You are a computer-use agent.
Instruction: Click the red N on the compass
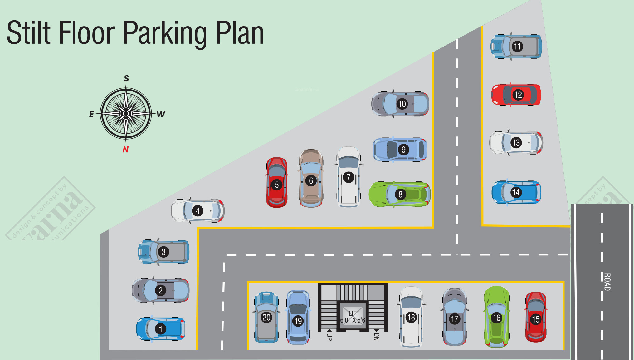point(126,149)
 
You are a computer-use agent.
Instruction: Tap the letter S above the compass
point(126,78)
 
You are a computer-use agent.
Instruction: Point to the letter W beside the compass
point(161,114)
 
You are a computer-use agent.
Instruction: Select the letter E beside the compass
point(91,114)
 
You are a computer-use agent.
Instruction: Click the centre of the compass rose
point(126,114)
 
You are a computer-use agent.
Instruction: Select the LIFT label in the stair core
point(354,313)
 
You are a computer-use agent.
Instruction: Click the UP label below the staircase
point(329,336)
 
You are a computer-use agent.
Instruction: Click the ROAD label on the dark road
point(607,282)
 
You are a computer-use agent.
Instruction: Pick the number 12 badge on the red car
point(518,95)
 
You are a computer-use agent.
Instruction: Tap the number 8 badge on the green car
point(400,195)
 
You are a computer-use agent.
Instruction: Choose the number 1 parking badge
point(161,329)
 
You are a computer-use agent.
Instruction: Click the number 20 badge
point(266,318)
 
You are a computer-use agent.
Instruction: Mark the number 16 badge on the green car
point(496,318)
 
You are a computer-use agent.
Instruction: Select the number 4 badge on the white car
point(198,211)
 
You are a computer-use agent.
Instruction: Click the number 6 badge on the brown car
point(311,181)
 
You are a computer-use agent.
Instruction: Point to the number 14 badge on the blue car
point(516,192)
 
